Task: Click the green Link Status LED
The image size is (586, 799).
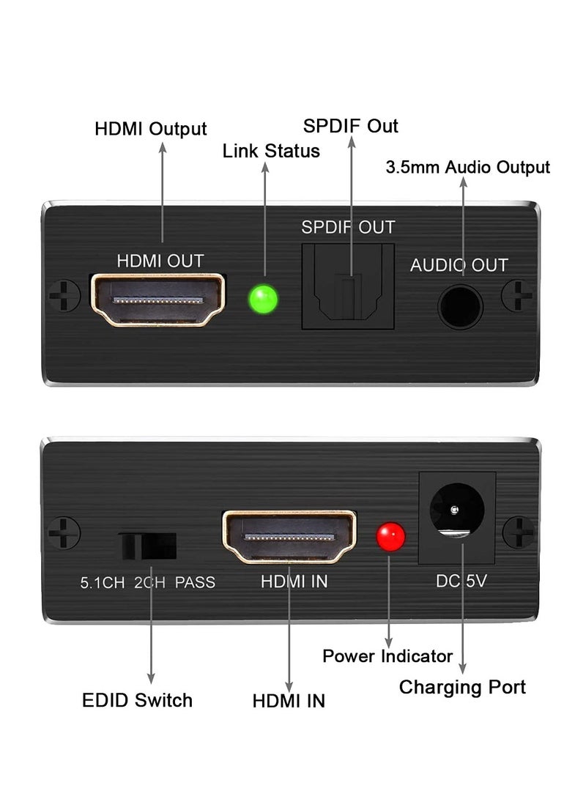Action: tap(264, 300)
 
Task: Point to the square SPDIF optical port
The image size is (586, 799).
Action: tap(348, 286)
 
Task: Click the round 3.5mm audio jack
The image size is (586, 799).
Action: tap(460, 306)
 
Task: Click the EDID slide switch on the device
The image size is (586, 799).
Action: tap(149, 546)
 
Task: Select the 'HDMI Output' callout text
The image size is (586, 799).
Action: tap(151, 129)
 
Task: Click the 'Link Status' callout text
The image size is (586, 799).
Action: tap(271, 151)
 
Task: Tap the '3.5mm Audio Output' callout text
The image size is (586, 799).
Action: tap(467, 167)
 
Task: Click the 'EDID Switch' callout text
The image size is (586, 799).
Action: tap(137, 699)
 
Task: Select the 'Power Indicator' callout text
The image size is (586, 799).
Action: tap(387, 655)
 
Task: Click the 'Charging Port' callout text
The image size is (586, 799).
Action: tap(462, 687)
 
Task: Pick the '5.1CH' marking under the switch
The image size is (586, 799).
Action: tap(102, 582)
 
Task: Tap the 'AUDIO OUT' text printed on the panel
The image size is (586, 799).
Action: tap(459, 265)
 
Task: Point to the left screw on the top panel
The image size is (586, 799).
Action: tap(64, 297)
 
